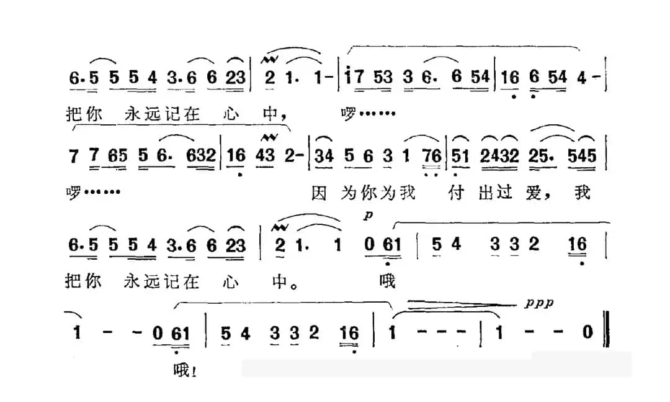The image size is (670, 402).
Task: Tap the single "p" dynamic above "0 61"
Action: click(x=368, y=215)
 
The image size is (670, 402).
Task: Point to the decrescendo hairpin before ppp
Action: click(x=462, y=305)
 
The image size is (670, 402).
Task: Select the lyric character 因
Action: click(x=319, y=193)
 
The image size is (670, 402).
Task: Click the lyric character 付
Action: click(x=456, y=193)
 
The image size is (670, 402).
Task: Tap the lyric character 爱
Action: click(x=534, y=193)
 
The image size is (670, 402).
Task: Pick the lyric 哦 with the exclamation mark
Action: click(x=185, y=370)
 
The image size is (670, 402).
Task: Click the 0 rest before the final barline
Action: click(x=588, y=332)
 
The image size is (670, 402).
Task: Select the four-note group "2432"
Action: click(x=499, y=157)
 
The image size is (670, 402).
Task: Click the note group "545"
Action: click(x=581, y=157)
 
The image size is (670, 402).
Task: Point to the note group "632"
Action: click(x=200, y=155)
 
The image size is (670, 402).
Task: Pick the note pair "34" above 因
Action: click(x=323, y=157)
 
